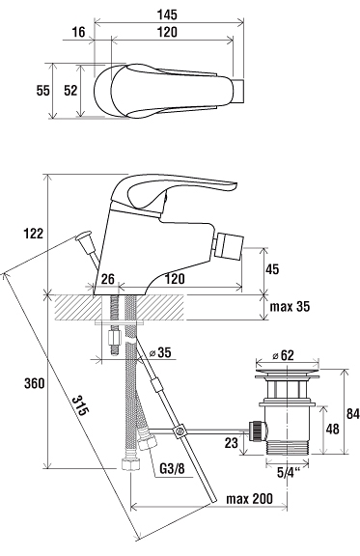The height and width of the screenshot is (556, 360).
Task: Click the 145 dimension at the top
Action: click(x=167, y=14)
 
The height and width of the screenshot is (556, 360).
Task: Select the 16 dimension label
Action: click(x=79, y=32)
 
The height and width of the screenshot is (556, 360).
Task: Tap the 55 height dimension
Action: click(x=42, y=91)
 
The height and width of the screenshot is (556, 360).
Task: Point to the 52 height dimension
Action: click(x=70, y=91)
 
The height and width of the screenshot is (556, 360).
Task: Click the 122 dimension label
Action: click(x=34, y=234)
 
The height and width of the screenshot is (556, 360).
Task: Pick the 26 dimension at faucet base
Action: click(x=108, y=279)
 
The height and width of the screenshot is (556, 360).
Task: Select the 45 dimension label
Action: click(x=272, y=269)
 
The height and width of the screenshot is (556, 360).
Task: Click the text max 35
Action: click(x=290, y=306)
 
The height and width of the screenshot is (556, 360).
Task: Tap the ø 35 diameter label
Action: click(x=160, y=352)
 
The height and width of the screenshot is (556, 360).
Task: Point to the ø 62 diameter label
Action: click(x=283, y=355)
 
